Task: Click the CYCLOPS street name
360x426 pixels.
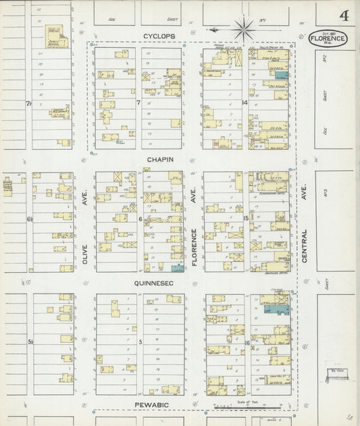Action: click(x=158, y=35)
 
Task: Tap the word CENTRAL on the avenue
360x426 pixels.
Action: click(x=305, y=244)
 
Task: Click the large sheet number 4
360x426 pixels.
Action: click(x=344, y=16)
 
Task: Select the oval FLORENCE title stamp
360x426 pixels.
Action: click(x=328, y=38)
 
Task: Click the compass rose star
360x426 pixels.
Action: click(x=242, y=28)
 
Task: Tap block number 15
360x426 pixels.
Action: click(x=247, y=219)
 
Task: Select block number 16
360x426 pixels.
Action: click(x=247, y=342)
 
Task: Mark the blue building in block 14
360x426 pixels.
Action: click(x=282, y=76)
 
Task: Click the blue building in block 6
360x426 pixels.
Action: click(x=177, y=268)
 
